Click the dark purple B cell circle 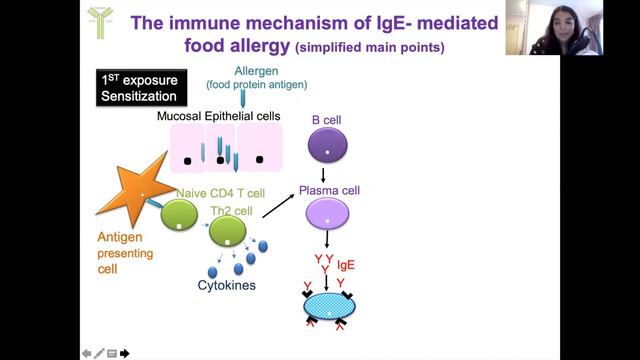click(328, 146)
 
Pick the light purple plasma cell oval click(328, 212)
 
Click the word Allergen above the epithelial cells click(256, 71)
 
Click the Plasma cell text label click(329, 190)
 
